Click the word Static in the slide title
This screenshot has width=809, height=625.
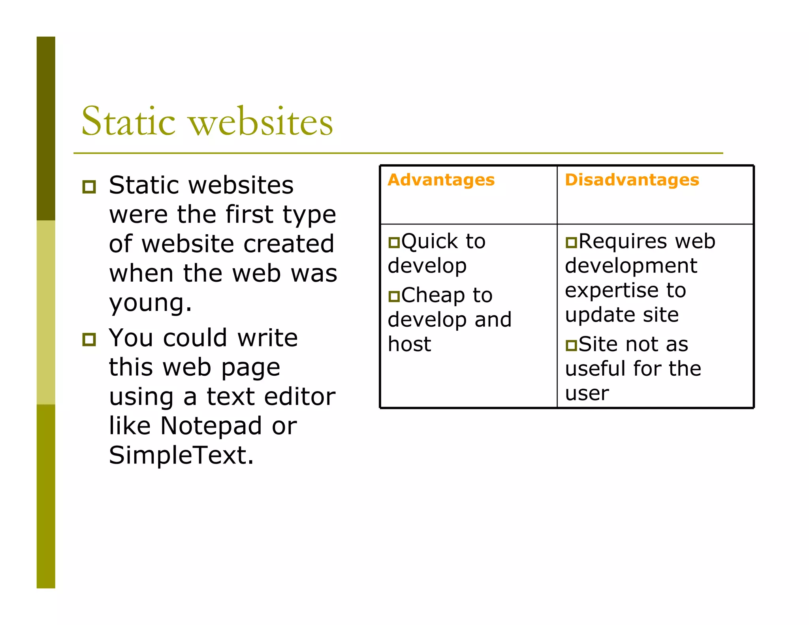coord(128,121)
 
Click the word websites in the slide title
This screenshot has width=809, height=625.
coord(261,121)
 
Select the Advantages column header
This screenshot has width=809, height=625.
coord(441,180)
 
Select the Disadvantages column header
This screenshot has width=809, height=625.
coord(632,180)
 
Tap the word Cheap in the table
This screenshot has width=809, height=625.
coord(433,296)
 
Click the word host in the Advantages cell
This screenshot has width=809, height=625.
coord(409,344)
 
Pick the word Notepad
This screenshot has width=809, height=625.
coord(211,426)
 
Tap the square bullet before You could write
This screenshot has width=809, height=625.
coord(89,339)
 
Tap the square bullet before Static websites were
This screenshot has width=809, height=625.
coord(89,186)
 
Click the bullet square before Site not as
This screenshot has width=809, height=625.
coord(571,345)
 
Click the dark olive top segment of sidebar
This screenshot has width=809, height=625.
coord(46,128)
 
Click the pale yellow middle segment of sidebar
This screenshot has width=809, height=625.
coord(46,312)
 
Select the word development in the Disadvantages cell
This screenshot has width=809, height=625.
coord(631,266)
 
